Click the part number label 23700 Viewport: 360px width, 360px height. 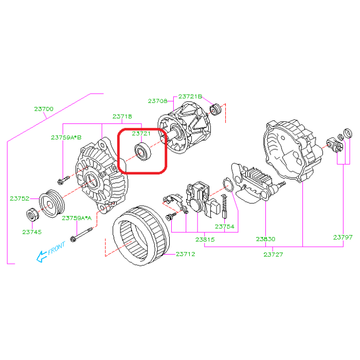pos(44,109)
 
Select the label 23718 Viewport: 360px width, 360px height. pos(122,117)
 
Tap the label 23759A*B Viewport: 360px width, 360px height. pos(66,137)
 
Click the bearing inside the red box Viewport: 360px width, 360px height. pos(141,152)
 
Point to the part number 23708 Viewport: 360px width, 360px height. pos(158,101)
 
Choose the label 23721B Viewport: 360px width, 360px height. pos(191,96)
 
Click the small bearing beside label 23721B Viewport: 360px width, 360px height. pos(216,109)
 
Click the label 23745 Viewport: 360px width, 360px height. pos(32,232)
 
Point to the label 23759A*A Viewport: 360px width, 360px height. pos(77,218)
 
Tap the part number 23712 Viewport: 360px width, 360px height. pos(186,254)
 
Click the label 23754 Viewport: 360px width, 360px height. pos(225,227)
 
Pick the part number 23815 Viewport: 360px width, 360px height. pos(205,239)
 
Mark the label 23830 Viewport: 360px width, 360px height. pos(265,239)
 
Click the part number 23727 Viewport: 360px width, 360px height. pos(273,254)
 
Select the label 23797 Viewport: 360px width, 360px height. pos(343,237)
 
